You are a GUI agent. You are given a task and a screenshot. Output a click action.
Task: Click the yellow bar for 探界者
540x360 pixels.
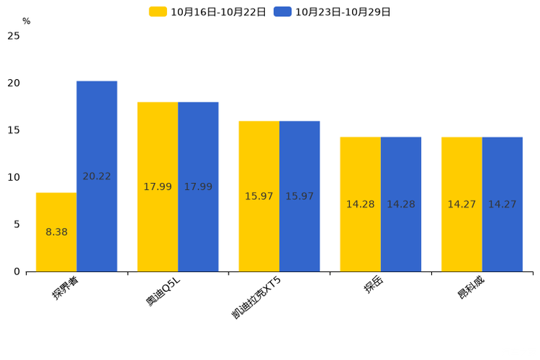(x=57, y=232)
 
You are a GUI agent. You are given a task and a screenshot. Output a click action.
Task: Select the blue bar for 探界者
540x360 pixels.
(x=97, y=176)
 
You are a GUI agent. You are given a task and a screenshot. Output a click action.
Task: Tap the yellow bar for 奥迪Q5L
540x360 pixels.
(x=157, y=187)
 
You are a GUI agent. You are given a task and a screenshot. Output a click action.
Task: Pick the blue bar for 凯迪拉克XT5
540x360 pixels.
(x=300, y=197)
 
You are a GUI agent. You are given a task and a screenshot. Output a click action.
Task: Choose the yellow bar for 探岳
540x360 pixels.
(x=360, y=204)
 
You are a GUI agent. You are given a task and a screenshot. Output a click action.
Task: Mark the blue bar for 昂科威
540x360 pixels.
(x=502, y=204)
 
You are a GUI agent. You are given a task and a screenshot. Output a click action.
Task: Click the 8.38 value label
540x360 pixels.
(x=57, y=232)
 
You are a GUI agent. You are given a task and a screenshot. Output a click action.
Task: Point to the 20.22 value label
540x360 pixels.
(x=97, y=176)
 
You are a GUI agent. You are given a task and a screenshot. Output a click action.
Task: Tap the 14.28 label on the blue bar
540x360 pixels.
(x=401, y=204)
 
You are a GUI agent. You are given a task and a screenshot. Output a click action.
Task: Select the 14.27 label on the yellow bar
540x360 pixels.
(x=462, y=204)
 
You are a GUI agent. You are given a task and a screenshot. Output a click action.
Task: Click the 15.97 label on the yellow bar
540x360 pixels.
(x=259, y=197)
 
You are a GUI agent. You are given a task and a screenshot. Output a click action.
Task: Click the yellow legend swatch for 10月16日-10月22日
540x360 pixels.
(x=157, y=12)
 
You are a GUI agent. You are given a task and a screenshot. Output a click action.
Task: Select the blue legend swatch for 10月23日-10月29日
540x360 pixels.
(x=282, y=12)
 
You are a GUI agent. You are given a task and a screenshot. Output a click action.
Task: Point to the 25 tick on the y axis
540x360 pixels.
(x=14, y=36)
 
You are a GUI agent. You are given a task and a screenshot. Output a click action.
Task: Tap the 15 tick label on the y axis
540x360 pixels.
(x=14, y=130)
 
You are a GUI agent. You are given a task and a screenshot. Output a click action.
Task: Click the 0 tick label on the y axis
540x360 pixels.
(x=17, y=271)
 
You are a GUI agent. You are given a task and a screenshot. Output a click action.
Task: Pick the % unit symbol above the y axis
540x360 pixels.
(x=26, y=21)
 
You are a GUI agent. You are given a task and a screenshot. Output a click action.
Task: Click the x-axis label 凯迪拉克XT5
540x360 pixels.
(x=256, y=298)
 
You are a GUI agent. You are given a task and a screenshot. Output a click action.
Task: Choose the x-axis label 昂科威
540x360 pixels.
(x=471, y=287)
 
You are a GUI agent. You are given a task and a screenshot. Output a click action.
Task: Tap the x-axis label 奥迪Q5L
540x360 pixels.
(x=163, y=291)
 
